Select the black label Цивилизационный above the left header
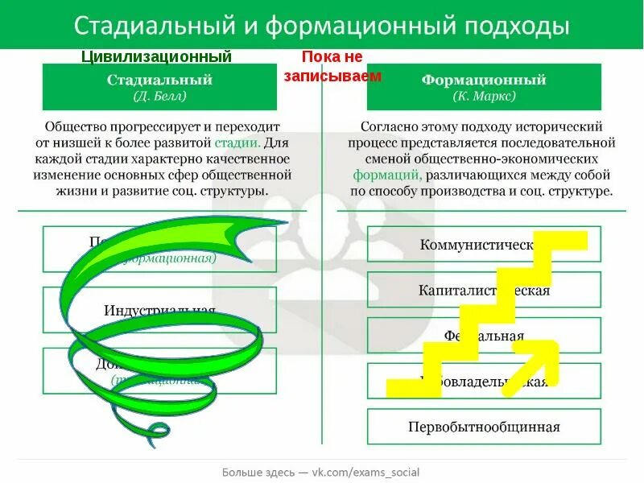point(158,57)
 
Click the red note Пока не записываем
point(332,66)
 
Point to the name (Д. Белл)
point(159,96)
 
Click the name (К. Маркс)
point(484,96)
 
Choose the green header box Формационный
point(484,87)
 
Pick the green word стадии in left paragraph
point(237,142)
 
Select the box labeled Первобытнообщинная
point(484,427)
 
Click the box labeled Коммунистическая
point(484,245)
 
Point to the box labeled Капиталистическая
point(484,291)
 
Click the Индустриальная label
point(159,311)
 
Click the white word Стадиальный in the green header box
point(159,80)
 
